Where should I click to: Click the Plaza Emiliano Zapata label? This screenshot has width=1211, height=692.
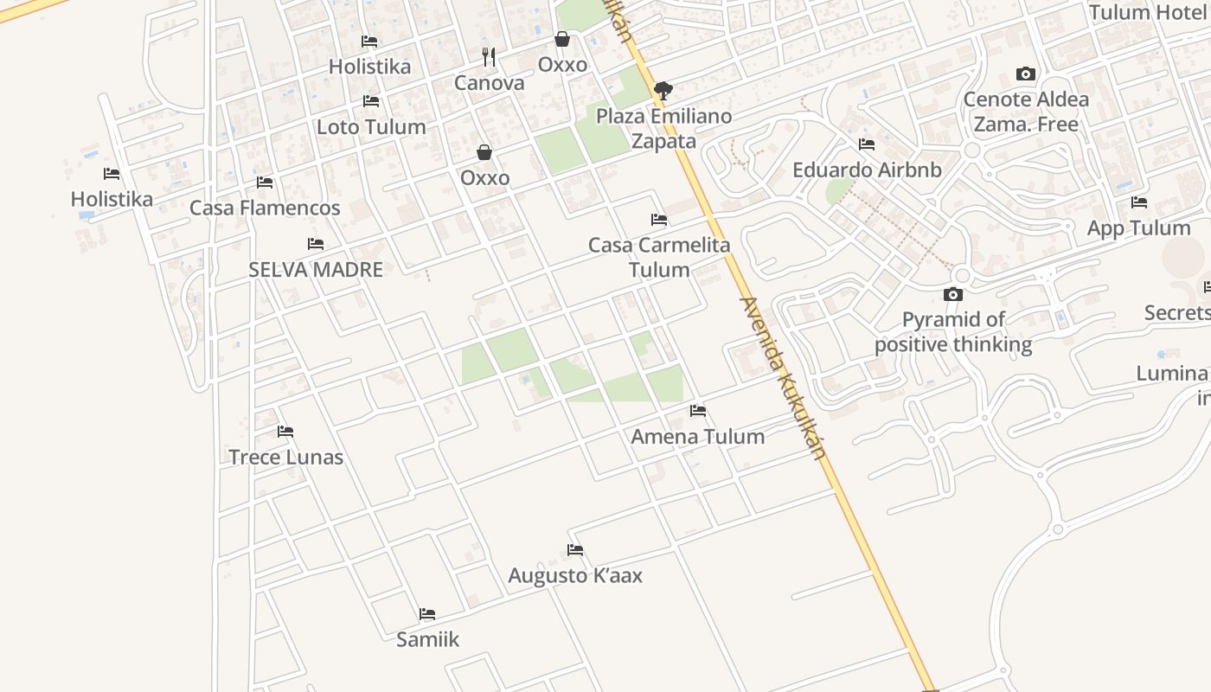(x=663, y=128)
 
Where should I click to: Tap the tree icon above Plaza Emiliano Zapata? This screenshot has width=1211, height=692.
(x=663, y=89)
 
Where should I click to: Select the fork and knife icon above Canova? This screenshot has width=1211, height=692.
(x=489, y=57)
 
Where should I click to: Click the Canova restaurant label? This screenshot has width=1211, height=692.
(x=489, y=83)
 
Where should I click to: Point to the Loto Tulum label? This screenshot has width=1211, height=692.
(x=371, y=127)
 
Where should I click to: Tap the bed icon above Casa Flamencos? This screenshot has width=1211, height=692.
(x=265, y=183)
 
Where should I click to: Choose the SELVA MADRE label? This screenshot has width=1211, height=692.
(x=316, y=270)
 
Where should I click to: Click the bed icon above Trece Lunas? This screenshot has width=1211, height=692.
(x=285, y=432)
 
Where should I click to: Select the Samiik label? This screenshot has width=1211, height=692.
(x=427, y=640)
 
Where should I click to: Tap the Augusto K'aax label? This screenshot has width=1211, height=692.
(x=575, y=576)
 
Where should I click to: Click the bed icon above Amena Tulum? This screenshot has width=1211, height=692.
(x=698, y=411)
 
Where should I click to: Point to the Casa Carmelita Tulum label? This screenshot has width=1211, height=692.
(x=659, y=257)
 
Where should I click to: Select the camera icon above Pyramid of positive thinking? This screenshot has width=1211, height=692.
(x=953, y=295)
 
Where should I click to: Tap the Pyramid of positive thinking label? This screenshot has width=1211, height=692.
(x=953, y=332)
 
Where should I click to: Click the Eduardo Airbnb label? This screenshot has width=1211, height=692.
(x=867, y=170)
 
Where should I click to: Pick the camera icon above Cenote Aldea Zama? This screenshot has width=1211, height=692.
(x=1026, y=74)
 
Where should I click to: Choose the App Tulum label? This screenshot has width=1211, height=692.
(x=1138, y=228)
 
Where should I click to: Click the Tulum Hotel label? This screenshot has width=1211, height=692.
(x=1147, y=13)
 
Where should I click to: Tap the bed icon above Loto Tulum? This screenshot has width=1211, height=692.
(x=371, y=102)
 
